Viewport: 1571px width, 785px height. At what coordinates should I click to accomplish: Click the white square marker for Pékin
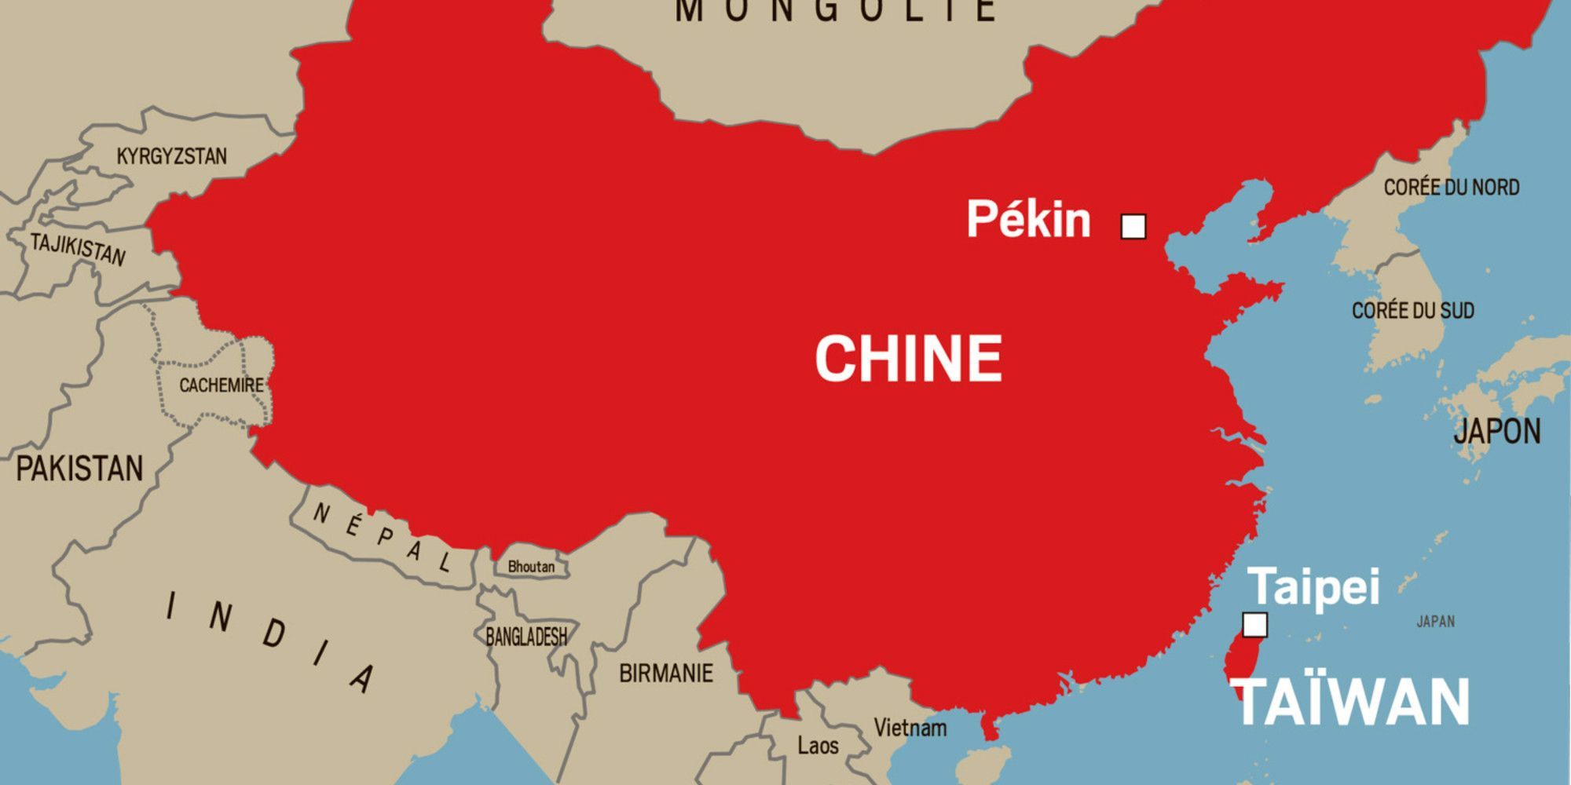[1133, 227]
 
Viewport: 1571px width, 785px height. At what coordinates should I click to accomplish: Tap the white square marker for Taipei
[1254, 625]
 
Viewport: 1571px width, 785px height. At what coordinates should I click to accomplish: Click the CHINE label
[909, 359]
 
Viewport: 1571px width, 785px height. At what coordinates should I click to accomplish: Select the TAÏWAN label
[1349, 703]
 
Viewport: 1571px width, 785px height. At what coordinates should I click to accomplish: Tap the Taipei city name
[1313, 586]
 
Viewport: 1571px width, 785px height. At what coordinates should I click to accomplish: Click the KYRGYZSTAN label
[171, 156]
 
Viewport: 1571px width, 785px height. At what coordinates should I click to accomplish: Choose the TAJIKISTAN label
[78, 250]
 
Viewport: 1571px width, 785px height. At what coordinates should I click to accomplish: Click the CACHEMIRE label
[221, 385]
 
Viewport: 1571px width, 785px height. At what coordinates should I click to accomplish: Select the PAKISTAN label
[79, 469]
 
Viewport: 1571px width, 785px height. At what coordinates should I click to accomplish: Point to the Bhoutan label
[531, 567]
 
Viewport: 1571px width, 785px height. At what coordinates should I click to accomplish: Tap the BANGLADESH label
[525, 637]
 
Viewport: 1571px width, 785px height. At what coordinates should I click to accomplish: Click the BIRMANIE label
[666, 673]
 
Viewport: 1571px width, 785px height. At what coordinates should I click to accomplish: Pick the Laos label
[818, 745]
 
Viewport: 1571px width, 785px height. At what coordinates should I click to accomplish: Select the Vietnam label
[910, 728]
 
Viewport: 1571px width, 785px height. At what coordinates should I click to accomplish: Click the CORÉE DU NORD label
[1451, 188]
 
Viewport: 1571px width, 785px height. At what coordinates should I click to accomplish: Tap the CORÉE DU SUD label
[1412, 311]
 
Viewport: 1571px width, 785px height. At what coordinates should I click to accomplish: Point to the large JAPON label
[1496, 431]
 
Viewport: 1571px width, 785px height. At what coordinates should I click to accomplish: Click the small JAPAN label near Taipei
[1435, 622]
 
